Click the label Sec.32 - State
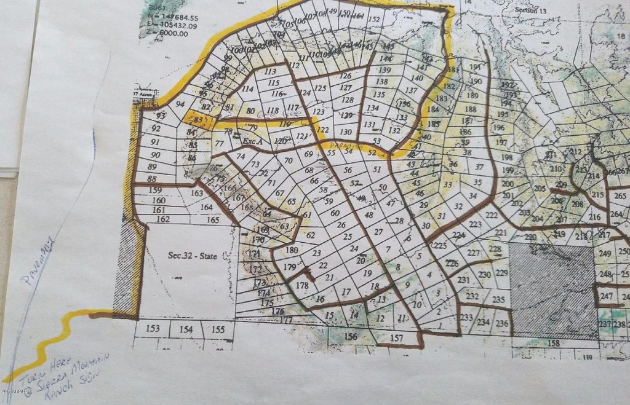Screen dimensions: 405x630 click(192, 256)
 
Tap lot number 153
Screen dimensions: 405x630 click(154, 329)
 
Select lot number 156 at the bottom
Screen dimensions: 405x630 click(351, 336)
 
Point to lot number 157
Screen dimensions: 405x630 click(397, 337)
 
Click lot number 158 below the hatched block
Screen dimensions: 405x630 click(553, 344)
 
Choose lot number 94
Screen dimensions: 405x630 click(180, 104)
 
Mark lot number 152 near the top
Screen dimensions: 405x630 click(373, 20)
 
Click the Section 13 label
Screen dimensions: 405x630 click(530, 10)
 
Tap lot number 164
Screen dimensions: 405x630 click(207, 208)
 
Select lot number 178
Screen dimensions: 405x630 click(301, 286)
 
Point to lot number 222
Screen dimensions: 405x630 click(492, 215)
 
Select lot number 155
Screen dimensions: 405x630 click(218, 329)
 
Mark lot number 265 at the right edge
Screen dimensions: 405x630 click(620, 196)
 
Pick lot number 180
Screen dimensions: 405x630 click(292, 250)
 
